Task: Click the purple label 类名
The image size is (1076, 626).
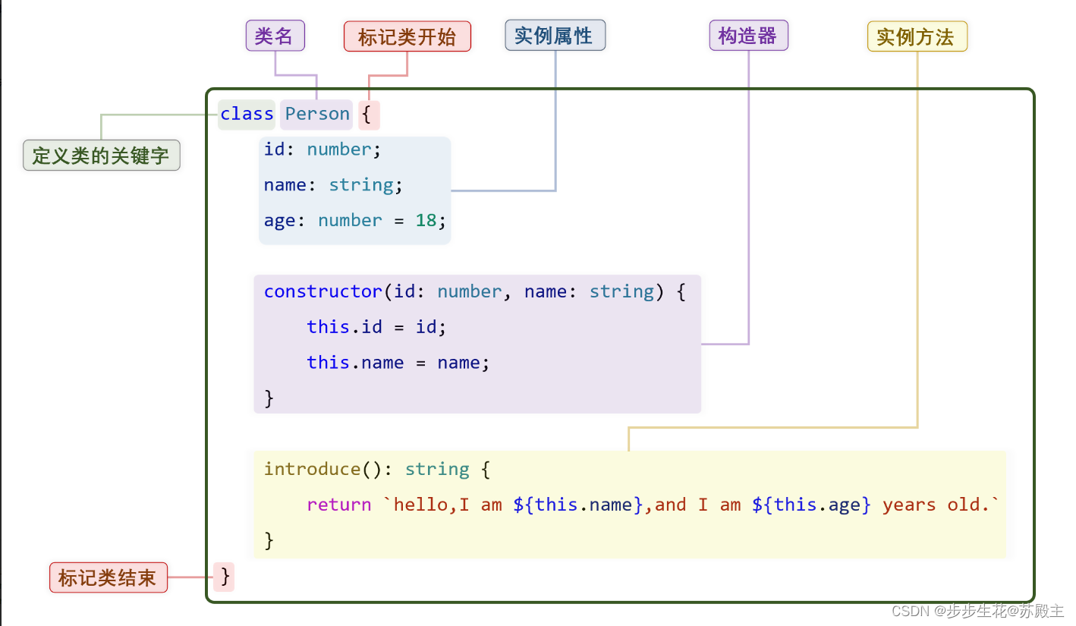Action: coord(275,36)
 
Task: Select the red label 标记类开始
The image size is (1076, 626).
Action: coord(407,36)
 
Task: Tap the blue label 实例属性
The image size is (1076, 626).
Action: coord(555,36)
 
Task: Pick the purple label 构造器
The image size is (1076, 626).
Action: coord(748,36)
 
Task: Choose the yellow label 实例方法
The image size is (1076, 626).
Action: coord(917,36)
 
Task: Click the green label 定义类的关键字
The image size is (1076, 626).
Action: coord(101,156)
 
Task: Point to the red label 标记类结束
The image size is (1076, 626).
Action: coord(108,577)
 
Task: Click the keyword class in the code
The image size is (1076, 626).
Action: coord(247,114)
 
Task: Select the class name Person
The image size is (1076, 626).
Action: coord(317,114)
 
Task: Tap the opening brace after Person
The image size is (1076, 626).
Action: coord(367,115)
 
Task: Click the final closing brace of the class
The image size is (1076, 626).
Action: coord(225,577)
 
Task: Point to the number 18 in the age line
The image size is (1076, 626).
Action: coord(426,220)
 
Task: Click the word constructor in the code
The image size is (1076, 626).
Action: coord(322,291)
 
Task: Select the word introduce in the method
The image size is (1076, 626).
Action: coord(312,469)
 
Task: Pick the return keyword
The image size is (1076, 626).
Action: coord(339,505)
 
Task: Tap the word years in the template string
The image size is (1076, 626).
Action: coord(909,505)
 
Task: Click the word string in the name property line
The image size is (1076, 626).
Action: coord(360,184)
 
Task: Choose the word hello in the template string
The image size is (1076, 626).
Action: coord(420,505)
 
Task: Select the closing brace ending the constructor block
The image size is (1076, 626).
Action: coord(269,398)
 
